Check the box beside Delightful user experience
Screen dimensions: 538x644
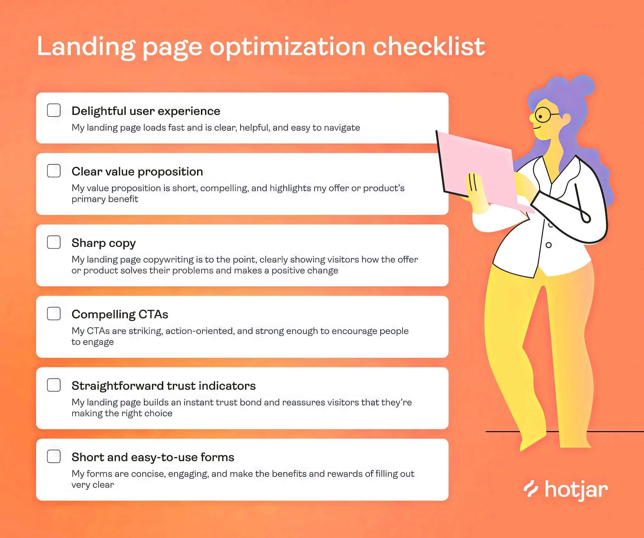(x=54, y=110)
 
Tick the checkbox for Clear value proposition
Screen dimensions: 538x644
(x=54, y=171)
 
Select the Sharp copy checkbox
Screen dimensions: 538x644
(x=54, y=242)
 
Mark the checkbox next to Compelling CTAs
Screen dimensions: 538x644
(x=54, y=314)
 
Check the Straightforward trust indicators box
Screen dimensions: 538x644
(x=54, y=385)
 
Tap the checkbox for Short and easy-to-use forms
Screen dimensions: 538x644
(x=54, y=457)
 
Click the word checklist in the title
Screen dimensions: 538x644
(x=429, y=47)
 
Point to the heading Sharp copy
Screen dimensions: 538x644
(x=103, y=243)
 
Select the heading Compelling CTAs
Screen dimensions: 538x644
(x=120, y=314)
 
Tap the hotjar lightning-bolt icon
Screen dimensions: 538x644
(x=531, y=489)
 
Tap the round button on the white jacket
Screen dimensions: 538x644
(x=549, y=245)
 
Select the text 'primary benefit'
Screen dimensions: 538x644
(x=105, y=199)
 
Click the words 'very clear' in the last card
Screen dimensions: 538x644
(x=93, y=485)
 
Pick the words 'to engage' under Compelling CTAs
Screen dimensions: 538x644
(x=93, y=342)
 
